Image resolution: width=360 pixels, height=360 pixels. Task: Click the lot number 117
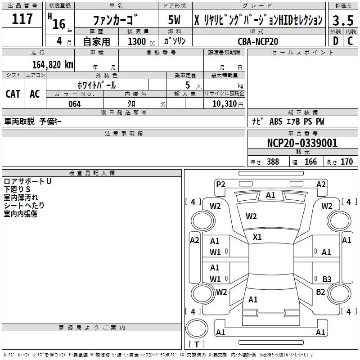pyautogui.click(x=22, y=19)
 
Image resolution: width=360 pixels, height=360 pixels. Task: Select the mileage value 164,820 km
pyautogui.click(x=53, y=65)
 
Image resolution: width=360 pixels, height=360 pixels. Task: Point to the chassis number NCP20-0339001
pyautogui.click(x=302, y=143)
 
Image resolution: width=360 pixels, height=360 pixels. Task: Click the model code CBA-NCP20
pyautogui.click(x=258, y=41)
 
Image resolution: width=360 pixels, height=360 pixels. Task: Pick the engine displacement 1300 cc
pyautogui.click(x=138, y=41)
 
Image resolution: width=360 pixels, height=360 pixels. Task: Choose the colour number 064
pyautogui.click(x=74, y=104)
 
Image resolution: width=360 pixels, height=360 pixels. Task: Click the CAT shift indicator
pyautogui.click(x=13, y=94)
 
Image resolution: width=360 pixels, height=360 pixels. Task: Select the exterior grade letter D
pyautogui.click(x=335, y=41)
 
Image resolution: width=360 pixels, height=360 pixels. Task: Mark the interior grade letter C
pyautogui.click(x=350, y=41)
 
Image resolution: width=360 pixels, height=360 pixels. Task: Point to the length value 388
pyautogui.click(x=273, y=162)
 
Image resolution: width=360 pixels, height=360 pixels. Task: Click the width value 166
pyautogui.click(x=310, y=162)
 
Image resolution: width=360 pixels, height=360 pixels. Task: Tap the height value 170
pyautogui.click(x=346, y=162)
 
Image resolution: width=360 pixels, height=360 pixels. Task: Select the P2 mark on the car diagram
pyautogui.click(x=220, y=184)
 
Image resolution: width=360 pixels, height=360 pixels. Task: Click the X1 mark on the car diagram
pyautogui.click(x=257, y=237)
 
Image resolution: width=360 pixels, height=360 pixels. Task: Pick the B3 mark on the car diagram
pyautogui.click(x=327, y=279)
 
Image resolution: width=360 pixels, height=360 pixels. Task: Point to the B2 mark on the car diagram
pyautogui.click(x=320, y=292)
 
